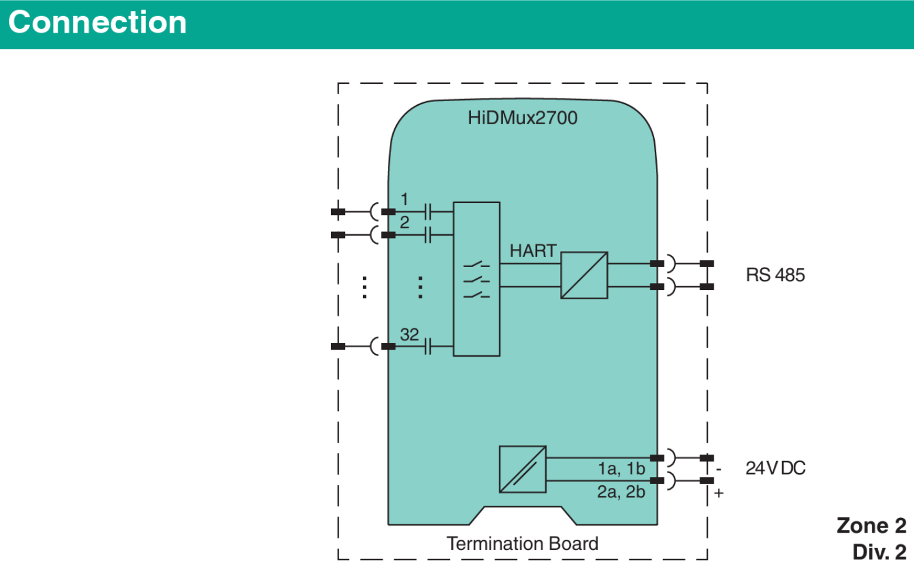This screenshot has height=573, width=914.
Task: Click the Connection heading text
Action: (97, 22)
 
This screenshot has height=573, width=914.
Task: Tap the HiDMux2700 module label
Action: (522, 118)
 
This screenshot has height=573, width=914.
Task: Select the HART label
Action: (533, 251)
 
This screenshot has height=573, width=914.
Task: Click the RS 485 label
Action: (775, 275)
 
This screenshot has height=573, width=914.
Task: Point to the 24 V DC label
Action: (775, 468)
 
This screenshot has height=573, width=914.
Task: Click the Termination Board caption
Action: (522, 544)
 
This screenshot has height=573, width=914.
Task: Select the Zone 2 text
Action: (871, 526)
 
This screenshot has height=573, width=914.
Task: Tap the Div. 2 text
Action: (879, 552)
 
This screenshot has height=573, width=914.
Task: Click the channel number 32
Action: (410, 334)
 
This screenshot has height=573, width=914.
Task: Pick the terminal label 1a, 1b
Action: (621, 469)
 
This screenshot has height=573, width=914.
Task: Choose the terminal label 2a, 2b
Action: (621, 492)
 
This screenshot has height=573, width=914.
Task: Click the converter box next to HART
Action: (584, 275)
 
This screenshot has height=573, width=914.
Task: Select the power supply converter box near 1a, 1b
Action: (522, 469)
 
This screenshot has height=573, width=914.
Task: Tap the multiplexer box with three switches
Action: (476, 279)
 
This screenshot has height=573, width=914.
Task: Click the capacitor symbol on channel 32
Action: (428, 347)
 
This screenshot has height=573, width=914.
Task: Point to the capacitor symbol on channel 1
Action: (428, 211)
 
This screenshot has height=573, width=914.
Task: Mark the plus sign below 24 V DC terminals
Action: (719, 493)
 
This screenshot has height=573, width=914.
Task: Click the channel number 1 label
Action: (404, 199)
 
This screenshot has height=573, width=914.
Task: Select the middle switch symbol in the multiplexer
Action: (476, 280)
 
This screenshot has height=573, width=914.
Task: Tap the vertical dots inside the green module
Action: (420, 287)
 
